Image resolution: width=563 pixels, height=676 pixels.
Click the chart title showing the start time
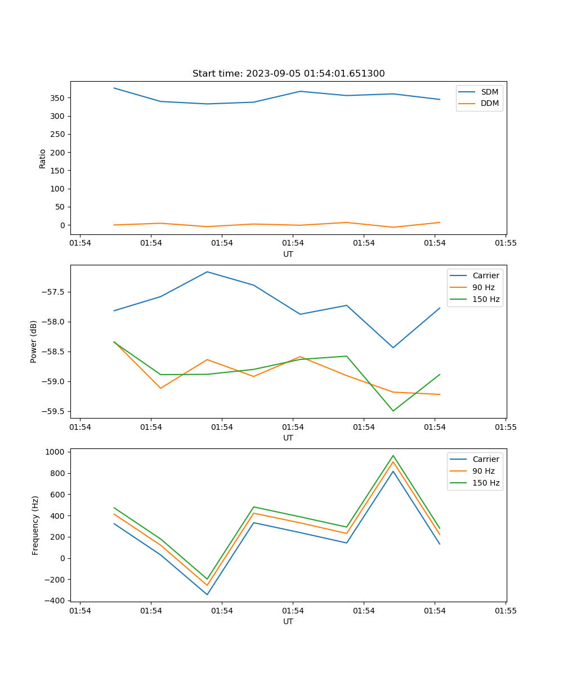(288, 74)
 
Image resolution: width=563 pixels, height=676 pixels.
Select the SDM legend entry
(489, 92)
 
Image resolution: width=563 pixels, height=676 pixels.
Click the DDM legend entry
(489, 104)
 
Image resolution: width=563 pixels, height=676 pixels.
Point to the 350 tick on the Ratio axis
(59, 98)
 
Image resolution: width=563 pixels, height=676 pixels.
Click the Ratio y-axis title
(43, 158)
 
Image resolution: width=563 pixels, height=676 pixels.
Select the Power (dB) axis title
(34, 341)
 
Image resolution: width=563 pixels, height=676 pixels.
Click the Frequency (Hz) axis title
(35, 525)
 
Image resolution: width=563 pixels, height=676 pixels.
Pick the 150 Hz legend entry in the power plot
(486, 299)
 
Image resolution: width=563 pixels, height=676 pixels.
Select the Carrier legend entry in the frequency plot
(485, 459)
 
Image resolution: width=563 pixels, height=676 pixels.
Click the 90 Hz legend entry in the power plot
(483, 287)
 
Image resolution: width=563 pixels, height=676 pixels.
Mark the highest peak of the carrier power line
(207, 272)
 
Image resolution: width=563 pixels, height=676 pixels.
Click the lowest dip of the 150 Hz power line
(393, 411)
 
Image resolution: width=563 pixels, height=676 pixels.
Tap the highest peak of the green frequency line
(393, 455)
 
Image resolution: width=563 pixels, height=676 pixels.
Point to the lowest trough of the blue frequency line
(207, 594)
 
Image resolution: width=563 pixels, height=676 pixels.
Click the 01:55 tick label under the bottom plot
(506, 610)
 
